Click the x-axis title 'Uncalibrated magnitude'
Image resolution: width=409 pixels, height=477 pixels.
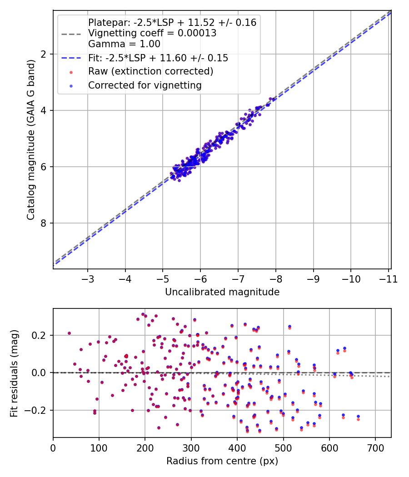(x=222, y=292)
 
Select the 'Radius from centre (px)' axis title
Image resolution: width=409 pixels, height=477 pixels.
(x=222, y=461)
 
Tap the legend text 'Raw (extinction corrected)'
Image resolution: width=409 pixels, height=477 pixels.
(x=150, y=71)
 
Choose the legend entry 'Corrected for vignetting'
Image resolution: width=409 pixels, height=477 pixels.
(x=145, y=85)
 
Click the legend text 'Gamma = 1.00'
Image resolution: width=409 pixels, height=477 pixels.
(x=124, y=44)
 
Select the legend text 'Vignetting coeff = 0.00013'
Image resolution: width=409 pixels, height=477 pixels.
(x=152, y=33)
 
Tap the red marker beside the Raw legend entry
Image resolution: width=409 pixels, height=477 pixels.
(x=71, y=72)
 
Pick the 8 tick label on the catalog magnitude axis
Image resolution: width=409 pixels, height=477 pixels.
(x=44, y=223)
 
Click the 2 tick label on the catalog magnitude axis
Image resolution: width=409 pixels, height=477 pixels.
(x=44, y=54)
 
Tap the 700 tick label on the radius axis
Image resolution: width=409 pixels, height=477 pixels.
(x=375, y=447)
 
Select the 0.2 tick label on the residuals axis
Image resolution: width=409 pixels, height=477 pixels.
(x=40, y=335)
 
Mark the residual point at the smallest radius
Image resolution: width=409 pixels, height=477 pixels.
(x=69, y=333)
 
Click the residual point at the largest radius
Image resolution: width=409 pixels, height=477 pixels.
(x=358, y=417)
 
